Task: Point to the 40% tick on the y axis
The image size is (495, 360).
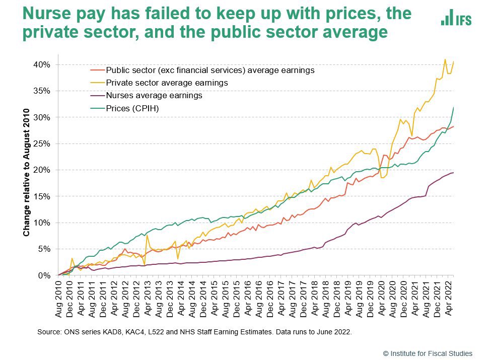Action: (x=42, y=64)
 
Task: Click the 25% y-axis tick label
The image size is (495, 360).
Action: (x=42, y=143)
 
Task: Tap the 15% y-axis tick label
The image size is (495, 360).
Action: (x=42, y=196)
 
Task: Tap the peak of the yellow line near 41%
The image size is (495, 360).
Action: (x=445, y=59)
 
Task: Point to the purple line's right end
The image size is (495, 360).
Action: (x=453, y=173)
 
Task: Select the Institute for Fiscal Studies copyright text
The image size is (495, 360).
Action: (x=428, y=353)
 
